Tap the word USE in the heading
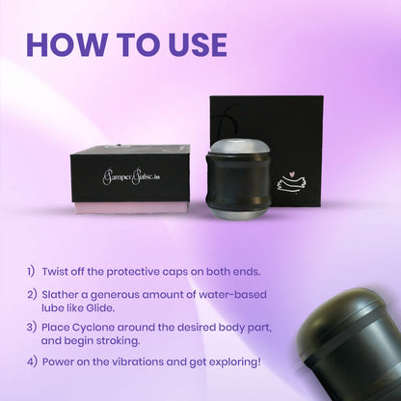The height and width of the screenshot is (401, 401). [198, 44]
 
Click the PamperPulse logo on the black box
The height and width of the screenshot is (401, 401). [131, 176]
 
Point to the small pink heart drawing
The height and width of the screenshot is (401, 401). [291, 174]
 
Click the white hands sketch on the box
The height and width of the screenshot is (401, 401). [291, 185]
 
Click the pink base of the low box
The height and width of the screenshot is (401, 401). [132, 208]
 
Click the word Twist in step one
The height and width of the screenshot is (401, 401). [55, 272]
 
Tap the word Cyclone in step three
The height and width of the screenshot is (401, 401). [94, 328]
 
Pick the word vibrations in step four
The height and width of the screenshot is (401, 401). [138, 362]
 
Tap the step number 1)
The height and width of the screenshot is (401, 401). [31, 272]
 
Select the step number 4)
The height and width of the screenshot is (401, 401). [32, 362]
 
